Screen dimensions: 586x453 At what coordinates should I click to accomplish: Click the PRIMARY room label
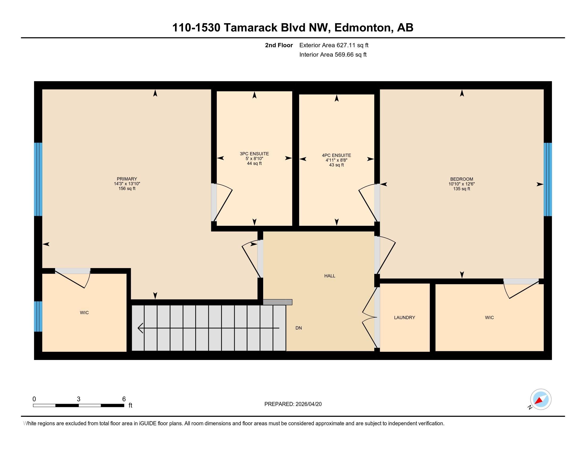(x=127, y=179)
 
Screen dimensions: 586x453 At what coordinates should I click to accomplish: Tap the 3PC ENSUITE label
(x=254, y=154)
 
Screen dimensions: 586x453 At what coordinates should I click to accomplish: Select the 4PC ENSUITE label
(x=336, y=155)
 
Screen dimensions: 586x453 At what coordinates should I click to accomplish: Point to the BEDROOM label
(x=462, y=179)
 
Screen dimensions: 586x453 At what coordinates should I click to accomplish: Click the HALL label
(x=330, y=276)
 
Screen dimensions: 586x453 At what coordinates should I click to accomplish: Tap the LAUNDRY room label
(x=405, y=317)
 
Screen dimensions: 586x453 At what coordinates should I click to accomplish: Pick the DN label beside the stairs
(x=299, y=328)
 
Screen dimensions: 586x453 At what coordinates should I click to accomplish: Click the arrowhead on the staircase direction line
(x=140, y=328)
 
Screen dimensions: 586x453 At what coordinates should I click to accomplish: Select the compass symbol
(x=541, y=399)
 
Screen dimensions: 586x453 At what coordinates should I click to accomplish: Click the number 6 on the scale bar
(x=124, y=399)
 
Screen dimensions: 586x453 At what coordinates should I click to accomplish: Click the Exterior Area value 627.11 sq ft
(x=353, y=45)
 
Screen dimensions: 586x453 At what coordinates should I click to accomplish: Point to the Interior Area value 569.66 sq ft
(x=351, y=55)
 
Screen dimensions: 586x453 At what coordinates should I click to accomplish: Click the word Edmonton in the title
(x=362, y=28)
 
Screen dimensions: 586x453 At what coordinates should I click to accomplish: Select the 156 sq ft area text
(x=127, y=189)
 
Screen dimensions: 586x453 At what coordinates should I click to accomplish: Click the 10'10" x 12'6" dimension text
(x=462, y=184)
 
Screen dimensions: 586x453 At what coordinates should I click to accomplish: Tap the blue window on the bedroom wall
(x=548, y=179)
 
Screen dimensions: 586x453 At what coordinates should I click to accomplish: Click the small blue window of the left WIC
(x=38, y=316)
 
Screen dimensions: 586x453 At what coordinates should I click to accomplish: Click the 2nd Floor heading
(x=279, y=45)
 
